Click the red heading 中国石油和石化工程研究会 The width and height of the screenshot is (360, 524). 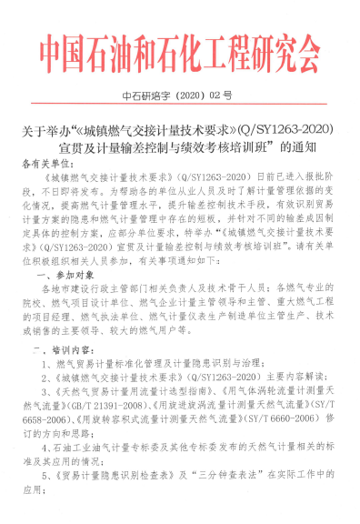tap(179, 55)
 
